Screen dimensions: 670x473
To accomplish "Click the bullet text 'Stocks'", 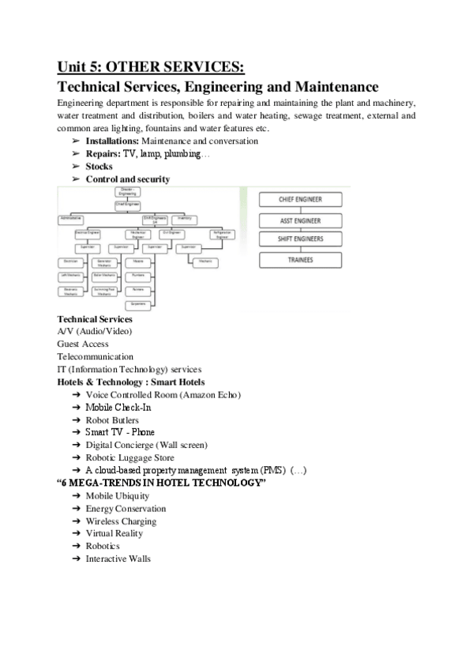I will click(x=99, y=167).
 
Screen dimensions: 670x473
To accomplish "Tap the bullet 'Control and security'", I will click(x=127, y=179).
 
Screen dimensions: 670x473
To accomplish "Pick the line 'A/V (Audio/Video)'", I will click(x=94, y=331).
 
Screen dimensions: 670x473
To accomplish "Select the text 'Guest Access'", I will click(x=83, y=344).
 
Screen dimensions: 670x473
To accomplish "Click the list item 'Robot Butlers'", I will click(x=112, y=420).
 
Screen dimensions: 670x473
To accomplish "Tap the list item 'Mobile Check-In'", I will click(x=118, y=407).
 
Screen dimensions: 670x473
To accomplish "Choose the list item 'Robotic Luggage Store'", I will click(x=130, y=457).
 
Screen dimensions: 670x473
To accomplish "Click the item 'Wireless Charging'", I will click(x=121, y=521).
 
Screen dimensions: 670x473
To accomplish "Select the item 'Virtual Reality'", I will click(x=114, y=533).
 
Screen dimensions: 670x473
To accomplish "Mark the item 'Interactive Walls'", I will click(x=118, y=559).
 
